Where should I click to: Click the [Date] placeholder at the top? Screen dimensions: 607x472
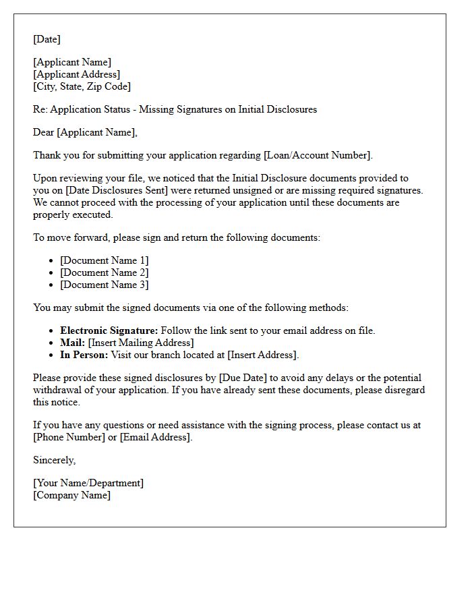[x=47, y=39]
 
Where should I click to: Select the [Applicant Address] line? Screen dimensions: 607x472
[x=77, y=74]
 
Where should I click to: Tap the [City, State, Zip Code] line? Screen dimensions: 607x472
[x=82, y=86]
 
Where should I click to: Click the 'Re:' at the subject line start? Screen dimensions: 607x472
[x=40, y=109]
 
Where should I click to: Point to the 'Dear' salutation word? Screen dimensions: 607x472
[x=44, y=132]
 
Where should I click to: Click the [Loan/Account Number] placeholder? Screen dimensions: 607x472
[x=317, y=155]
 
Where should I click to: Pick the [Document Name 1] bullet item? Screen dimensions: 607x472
[x=104, y=260]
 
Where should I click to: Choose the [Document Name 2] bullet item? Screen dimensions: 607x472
[x=104, y=272]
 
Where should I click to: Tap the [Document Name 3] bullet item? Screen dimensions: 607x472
[x=104, y=285]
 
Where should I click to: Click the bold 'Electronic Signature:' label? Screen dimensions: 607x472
[x=109, y=330]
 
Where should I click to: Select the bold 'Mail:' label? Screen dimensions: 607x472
[x=73, y=343]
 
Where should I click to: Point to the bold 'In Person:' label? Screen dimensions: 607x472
[x=84, y=355]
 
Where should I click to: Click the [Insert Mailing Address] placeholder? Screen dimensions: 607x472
[x=141, y=343]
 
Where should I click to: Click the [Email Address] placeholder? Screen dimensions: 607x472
[x=156, y=437]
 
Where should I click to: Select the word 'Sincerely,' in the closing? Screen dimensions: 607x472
[x=55, y=460]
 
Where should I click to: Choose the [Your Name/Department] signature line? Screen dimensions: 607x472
[x=88, y=483]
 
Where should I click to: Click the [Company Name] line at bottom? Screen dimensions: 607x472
[x=71, y=495]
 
